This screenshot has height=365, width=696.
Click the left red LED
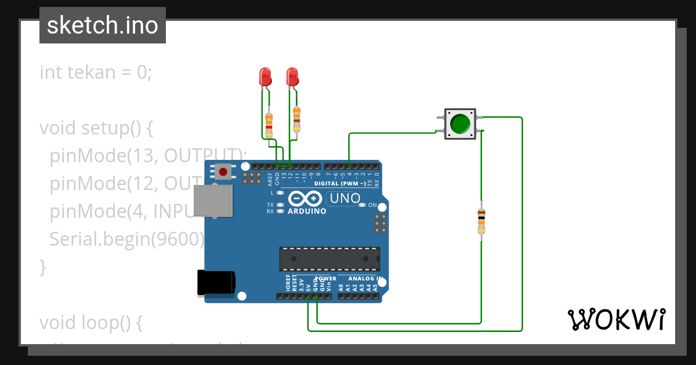point(264,76)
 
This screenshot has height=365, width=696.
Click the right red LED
point(292,76)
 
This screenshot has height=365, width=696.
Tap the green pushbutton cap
point(460,124)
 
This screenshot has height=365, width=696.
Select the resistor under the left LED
point(269,124)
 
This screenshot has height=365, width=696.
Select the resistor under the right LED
point(297,119)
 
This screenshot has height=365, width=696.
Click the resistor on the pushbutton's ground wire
point(481,222)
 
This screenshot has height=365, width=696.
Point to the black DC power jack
point(216,283)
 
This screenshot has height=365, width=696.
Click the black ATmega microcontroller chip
point(329,258)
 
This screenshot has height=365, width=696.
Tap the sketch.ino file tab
point(103,25)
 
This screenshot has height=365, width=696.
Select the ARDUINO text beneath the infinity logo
point(307,211)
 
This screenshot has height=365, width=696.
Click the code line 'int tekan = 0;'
point(96,72)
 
